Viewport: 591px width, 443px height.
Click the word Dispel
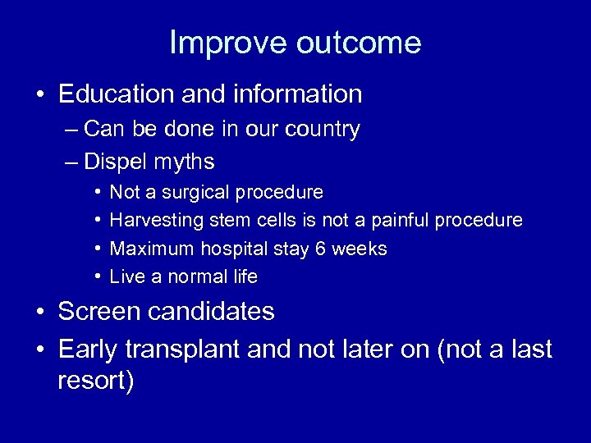click(114, 162)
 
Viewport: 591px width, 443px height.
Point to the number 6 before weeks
click(322, 249)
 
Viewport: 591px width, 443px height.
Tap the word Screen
click(100, 312)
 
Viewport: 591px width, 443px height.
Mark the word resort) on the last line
click(96, 382)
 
